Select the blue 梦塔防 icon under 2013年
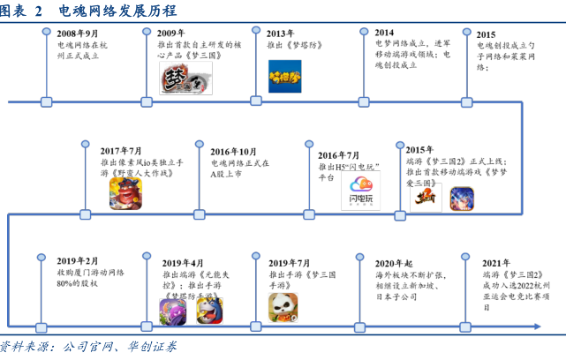284,76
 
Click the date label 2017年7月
121,151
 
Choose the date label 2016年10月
233,151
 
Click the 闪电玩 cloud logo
360,191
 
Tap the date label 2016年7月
339,154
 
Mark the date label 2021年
496,263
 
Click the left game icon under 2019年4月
174,311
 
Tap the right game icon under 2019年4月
207,311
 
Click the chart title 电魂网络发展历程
116,11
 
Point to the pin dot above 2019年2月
41,256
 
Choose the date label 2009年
170,32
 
